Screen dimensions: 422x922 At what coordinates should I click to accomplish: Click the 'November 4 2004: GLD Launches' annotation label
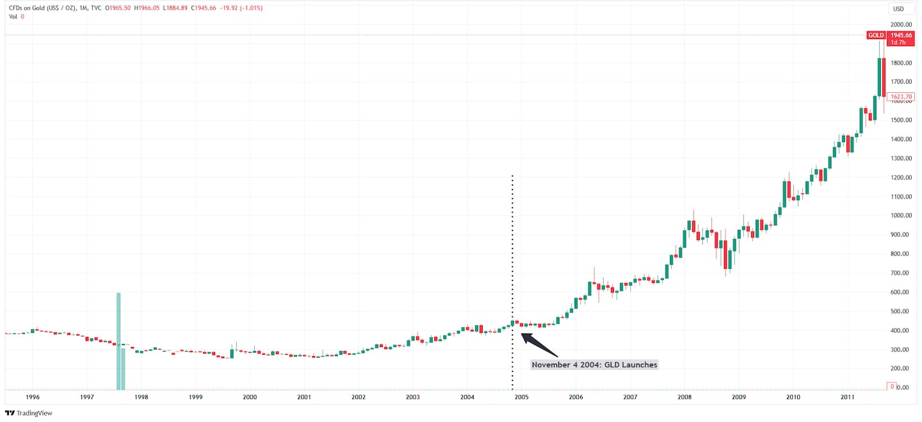point(595,364)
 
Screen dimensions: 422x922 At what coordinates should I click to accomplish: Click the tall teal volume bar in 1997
point(118,339)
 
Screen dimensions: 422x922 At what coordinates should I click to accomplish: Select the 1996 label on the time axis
point(32,397)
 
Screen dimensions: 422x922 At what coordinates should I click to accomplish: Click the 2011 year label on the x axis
point(847,397)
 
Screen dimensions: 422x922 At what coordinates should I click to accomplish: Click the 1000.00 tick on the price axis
point(900,216)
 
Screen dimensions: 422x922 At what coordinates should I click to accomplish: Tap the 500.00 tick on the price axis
point(900,311)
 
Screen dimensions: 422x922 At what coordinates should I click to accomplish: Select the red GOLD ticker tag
point(875,35)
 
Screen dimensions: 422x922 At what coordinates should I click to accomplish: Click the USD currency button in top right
point(898,8)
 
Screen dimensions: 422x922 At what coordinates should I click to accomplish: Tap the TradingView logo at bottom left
point(29,413)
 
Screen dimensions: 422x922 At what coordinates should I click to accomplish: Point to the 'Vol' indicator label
point(13,16)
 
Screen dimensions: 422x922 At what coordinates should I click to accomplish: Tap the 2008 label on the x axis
point(684,397)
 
